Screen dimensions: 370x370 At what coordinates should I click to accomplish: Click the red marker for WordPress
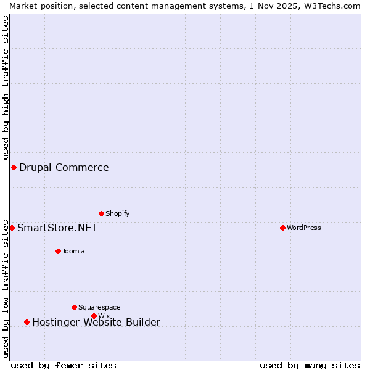pyautogui.click(x=282, y=228)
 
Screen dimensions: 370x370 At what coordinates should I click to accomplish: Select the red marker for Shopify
pyautogui.click(x=101, y=213)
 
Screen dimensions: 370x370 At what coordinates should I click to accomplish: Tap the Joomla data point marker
pyautogui.click(x=58, y=251)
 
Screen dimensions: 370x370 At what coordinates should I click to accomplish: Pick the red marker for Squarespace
pyautogui.click(x=74, y=307)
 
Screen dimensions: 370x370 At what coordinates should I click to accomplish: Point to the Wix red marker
pyautogui.click(x=94, y=316)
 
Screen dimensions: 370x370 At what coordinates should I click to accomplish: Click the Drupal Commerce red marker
pyautogui.click(x=14, y=167)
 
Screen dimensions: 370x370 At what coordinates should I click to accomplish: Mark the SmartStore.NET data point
pyautogui.click(x=12, y=228)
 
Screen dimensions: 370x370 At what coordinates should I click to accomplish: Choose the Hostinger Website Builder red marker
pyautogui.click(x=27, y=322)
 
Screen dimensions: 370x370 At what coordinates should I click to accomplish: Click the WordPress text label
pyautogui.click(x=304, y=228)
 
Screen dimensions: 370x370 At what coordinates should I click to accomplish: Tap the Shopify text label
pyautogui.click(x=117, y=213)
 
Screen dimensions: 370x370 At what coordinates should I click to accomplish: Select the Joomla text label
pyautogui.click(x=73, y=251)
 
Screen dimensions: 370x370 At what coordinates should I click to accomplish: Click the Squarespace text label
pyautogui.click(x=99, y=307)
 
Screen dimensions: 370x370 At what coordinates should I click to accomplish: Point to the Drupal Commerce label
pyautogui.click(x=64, y=167)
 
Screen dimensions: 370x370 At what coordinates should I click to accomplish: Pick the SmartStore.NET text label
pyautogui.click(x=57, y=228)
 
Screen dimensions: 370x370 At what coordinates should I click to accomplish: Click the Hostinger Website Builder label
pyautogui.click(x=96, y=322)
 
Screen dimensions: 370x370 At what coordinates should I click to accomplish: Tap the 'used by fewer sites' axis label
pyautogui.click(x=64, y=365)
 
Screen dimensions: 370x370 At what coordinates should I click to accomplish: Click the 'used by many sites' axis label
pyautogui.click(x=310, y=365)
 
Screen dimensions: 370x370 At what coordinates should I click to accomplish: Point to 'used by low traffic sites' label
pyautogui.click(x=6, y=289)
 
